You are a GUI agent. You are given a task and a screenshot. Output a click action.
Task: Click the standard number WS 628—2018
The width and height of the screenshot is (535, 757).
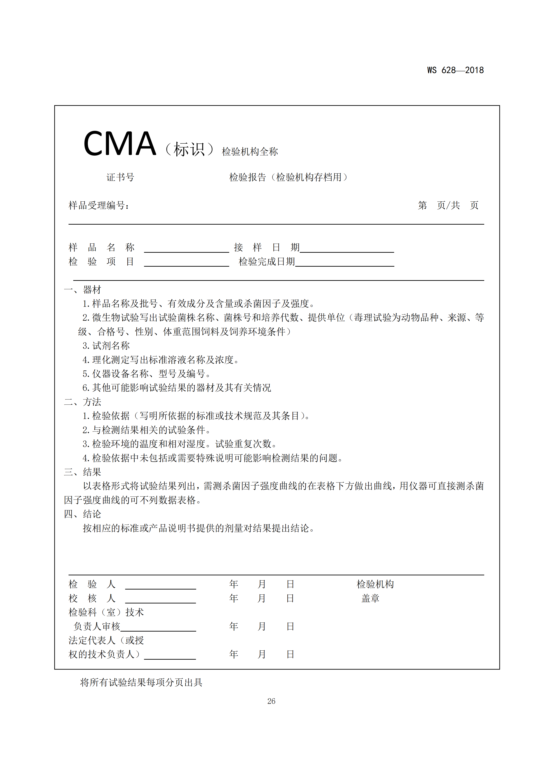pyautogui.click(x=455, y=70)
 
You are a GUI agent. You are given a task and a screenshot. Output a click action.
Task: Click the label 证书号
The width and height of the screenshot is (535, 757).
pyautogui.click(x=120, y=177)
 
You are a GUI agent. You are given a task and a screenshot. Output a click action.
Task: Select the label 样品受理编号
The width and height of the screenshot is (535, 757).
pyautogui.click(x=99, y=205)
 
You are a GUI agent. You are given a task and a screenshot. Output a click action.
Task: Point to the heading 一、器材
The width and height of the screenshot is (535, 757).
pyautogui.click(x=82, y=290)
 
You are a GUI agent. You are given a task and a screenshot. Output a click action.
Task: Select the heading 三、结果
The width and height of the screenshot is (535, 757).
pyautogui.click(x=82, y=472)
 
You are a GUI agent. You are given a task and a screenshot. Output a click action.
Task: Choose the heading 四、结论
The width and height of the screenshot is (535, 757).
pyautogui.click(x=82, y=514)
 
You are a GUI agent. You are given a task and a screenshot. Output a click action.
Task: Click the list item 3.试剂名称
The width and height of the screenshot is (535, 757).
pyautogui.click(x=106, y=346)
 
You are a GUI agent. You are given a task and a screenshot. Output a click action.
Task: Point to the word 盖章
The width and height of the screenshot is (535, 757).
pyautogui.click(x=370, y=598)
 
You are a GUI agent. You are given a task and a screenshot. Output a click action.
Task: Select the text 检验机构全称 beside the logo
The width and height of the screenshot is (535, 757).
pyautogui.click(x=250, y=152)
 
